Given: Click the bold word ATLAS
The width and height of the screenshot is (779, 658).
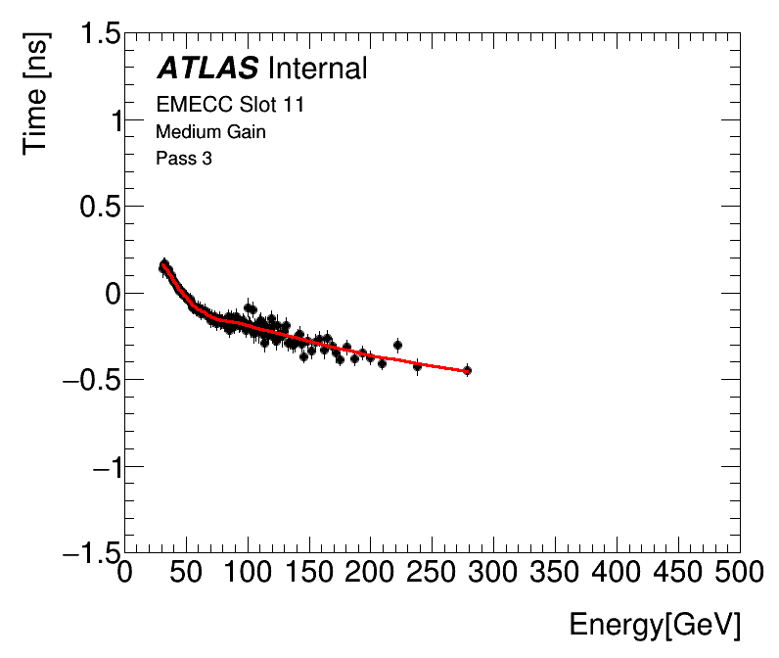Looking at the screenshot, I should point(207,69).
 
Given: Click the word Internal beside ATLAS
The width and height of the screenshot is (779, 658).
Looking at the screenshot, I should point(316,69).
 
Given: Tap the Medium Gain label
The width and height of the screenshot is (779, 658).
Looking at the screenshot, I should point(210,131).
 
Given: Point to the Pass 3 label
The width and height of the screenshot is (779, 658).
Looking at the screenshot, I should point(184,158).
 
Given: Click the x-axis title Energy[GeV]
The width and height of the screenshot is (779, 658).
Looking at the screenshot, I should point(655,625).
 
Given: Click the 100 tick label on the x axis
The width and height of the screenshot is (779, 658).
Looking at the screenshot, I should point(248,571).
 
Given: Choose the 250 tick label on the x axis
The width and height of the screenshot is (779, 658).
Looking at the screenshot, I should point(432,571).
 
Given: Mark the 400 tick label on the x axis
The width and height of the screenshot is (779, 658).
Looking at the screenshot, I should point(617,571).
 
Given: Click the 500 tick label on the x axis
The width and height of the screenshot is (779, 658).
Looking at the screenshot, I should point(739,571).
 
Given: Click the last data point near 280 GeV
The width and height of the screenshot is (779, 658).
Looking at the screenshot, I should point(467,370).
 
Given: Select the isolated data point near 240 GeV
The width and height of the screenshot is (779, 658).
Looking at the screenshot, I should point(418,366).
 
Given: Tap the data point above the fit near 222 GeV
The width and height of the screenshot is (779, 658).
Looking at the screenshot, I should point(397,345).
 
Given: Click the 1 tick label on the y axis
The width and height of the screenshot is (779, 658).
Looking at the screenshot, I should point(115,120).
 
